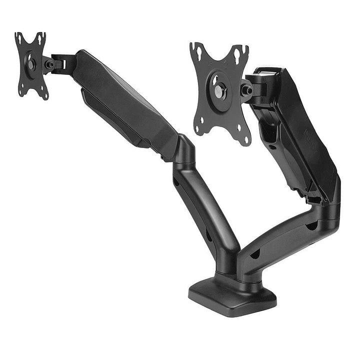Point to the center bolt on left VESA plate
(x=31, y=63)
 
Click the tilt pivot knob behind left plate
(x=49, y=64)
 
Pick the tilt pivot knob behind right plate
(x=246, y=90)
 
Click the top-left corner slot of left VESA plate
(x=20, y=37)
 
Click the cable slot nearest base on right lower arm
(x=254, y=254)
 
